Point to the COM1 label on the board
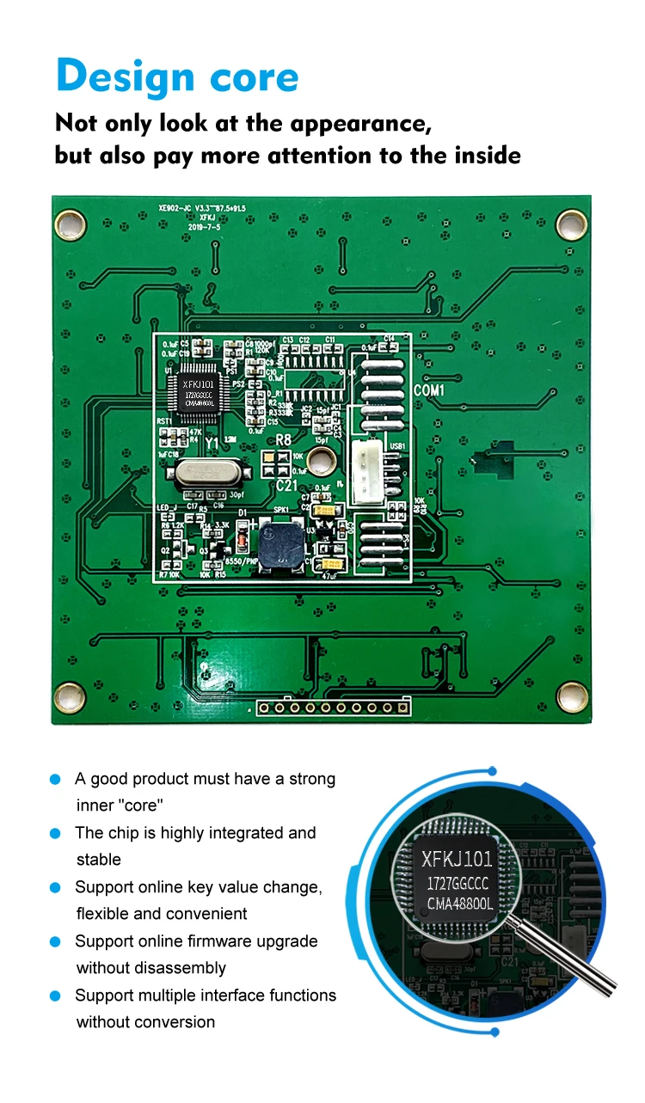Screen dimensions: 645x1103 coord(429,390)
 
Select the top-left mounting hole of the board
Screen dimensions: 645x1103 coord(71,225)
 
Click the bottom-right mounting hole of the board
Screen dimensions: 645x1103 coord(571,695)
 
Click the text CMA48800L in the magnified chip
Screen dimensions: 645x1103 coord(460,904)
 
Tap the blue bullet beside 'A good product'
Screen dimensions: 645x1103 coord(56,779)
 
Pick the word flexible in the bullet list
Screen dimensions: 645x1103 coord(102,914)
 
